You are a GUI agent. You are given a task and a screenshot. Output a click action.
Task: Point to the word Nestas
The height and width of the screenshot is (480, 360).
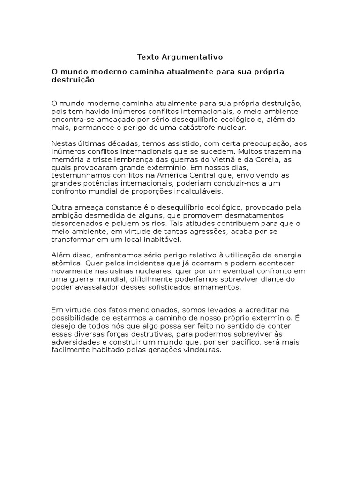[x=63, y=143]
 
